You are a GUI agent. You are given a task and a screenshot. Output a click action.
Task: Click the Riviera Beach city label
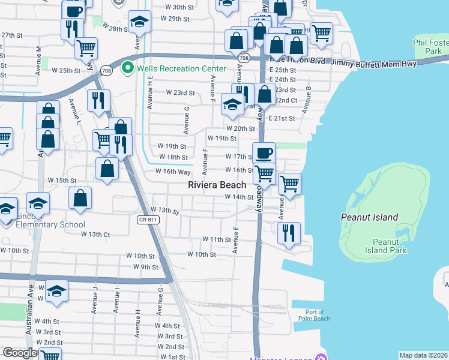[x=217, y=185]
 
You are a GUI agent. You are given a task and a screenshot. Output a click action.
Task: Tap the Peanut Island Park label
[x=389, y=246]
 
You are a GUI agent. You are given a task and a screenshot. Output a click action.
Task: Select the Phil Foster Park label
[x=431, y=47]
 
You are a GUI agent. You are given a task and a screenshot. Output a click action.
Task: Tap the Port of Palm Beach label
[x=314, y=315]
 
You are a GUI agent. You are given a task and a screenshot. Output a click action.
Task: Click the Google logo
[x=20, y=353]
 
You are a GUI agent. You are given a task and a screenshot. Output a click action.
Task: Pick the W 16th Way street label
[x=173, y=171]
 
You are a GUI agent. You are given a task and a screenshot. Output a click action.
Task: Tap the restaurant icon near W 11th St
[x=289, y=232]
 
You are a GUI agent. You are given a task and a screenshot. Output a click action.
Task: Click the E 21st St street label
[x=282, y=118]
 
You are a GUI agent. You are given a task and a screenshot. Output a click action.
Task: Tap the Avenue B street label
[x=307, y=100]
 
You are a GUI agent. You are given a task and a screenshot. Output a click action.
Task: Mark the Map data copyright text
[x=423, y=355]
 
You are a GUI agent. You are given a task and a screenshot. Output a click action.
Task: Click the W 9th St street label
[x=145, y=266]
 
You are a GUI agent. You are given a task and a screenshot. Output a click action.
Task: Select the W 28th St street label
[x=116, y=28]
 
